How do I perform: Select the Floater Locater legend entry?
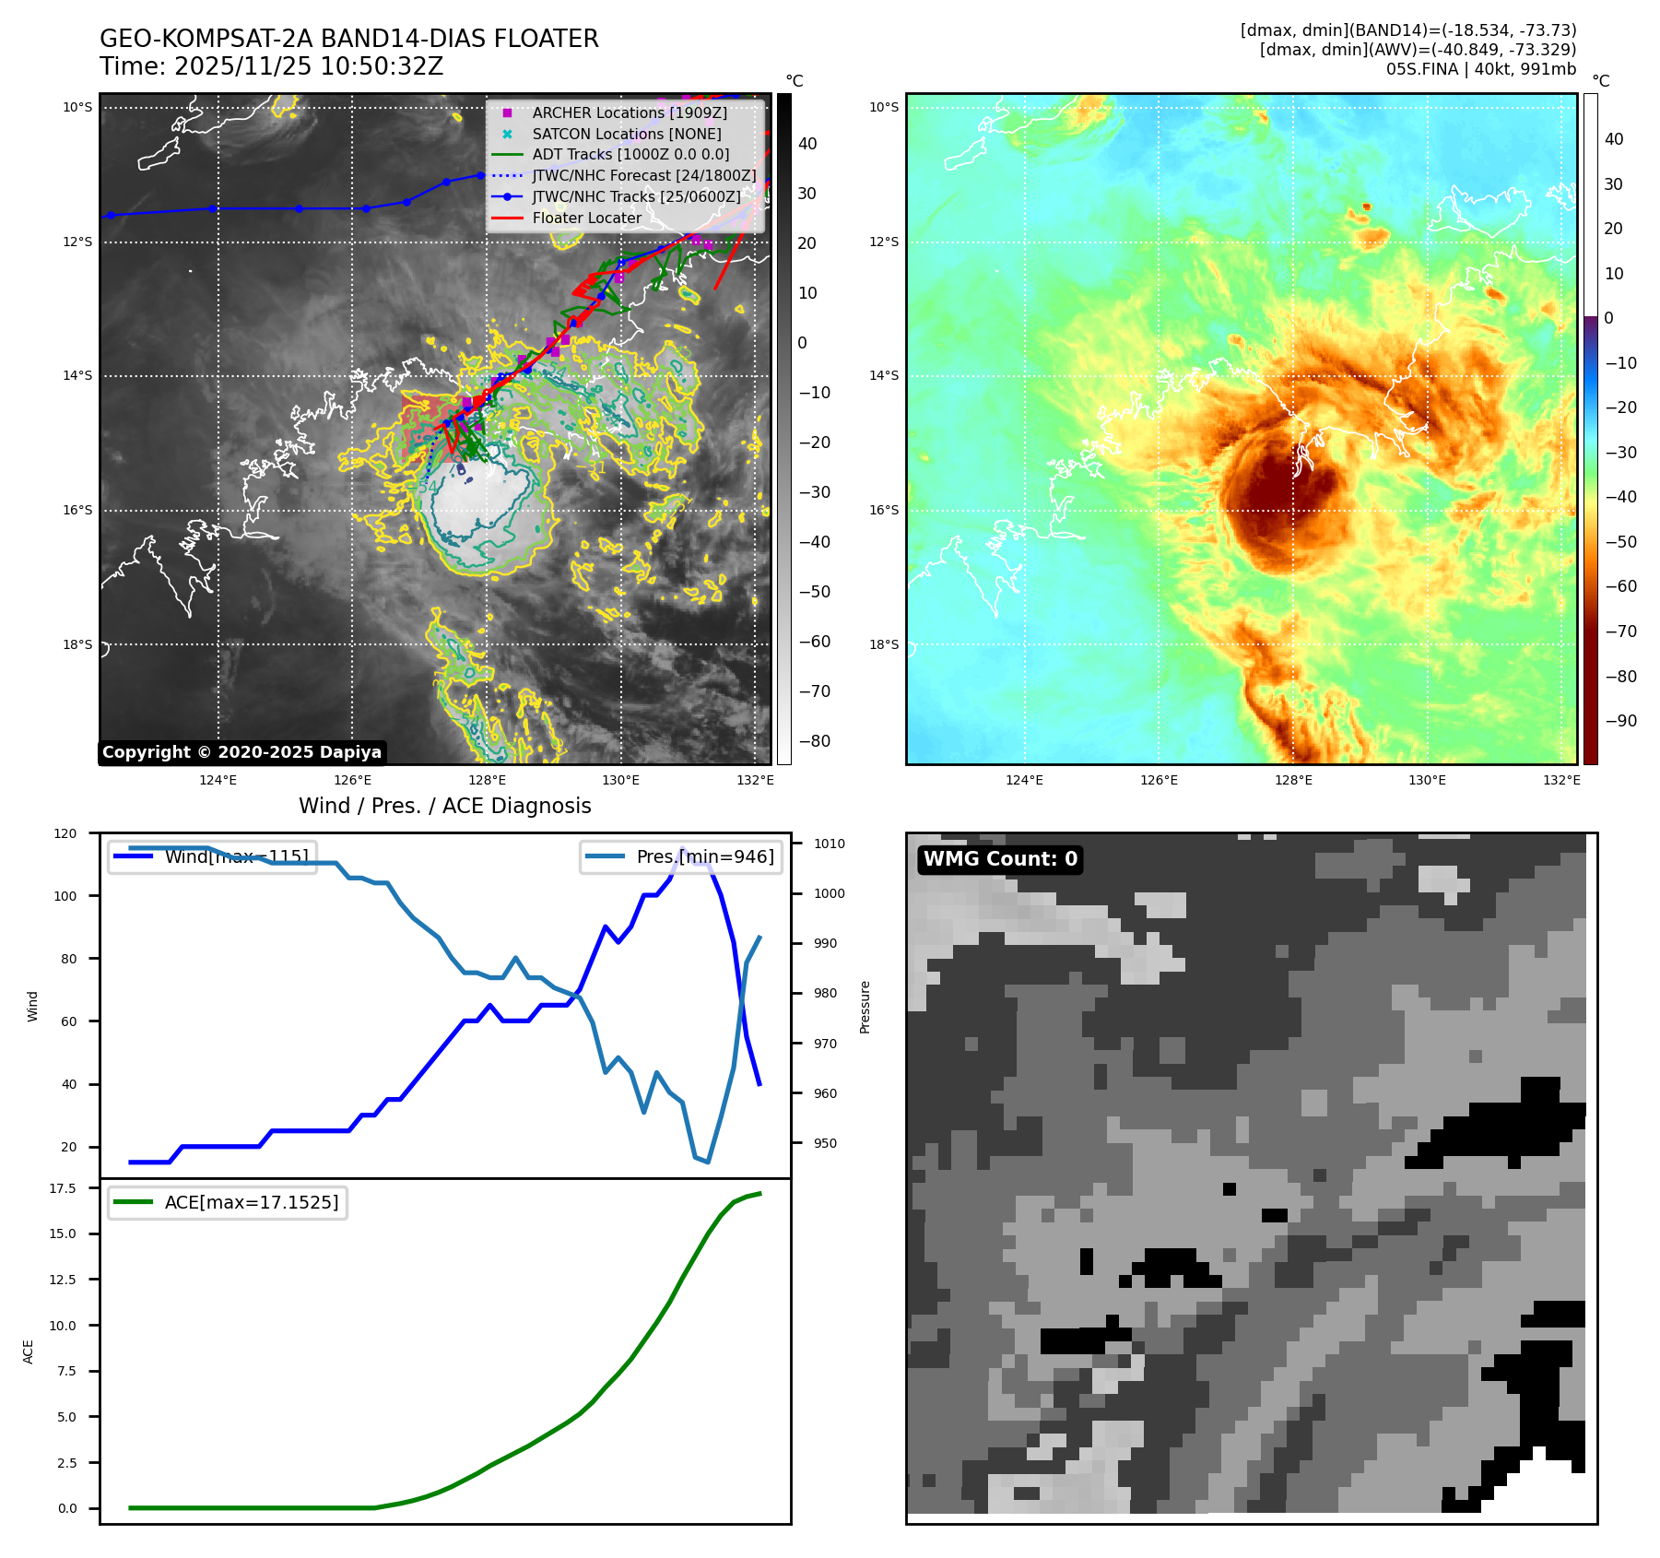tap(586, 218)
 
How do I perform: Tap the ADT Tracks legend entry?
tap(630, 155)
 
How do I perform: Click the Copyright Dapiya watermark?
tap(241, 752)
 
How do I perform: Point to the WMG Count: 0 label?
tap(1000, 859)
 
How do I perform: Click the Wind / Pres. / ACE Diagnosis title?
tap(444, 806)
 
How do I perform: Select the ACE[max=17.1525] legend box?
tap(228, 1203)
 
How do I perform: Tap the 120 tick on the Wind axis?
tap(65, 833)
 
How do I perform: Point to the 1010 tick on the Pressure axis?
tap(830, 844)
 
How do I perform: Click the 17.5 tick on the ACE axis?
tap(63, 1188)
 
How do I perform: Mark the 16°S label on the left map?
tap(77, 511)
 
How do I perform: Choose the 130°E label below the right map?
tap(1427, 781)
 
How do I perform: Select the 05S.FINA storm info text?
tap(1480, 69)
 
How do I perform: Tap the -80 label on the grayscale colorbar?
tap(814, 741)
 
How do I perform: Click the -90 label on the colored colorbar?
tap(1620, 721)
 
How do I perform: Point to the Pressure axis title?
tap(865, 1007)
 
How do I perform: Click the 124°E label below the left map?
tap(218, 781)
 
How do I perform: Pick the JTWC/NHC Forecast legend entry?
tap(643, 176)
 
